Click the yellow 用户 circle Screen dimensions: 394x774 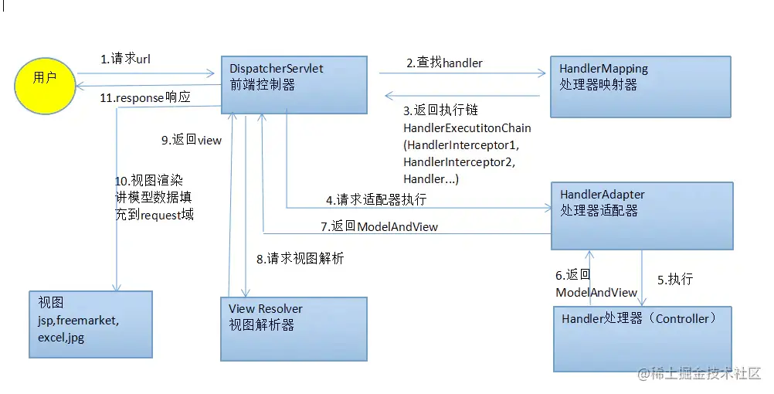pos(45,79)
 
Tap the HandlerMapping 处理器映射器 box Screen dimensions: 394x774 pos(640,85)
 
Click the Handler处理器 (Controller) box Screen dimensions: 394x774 pos(641,338)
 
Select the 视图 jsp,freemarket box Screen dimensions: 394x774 pos(90,324)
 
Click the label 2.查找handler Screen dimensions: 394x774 pos(445,63)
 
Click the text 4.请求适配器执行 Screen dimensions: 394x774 pos(375,199)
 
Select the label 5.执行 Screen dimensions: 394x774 pos(674,280)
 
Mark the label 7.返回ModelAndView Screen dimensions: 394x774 pos(379,226)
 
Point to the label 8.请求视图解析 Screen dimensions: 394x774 pos(300,259)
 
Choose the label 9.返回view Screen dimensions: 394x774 pos(191,140)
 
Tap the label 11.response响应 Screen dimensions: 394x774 pos(145,98)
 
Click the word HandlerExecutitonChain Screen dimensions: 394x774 pos(467,127)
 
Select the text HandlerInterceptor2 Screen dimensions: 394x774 pos(459,161)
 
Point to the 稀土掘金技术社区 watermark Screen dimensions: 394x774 pos(699,374)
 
